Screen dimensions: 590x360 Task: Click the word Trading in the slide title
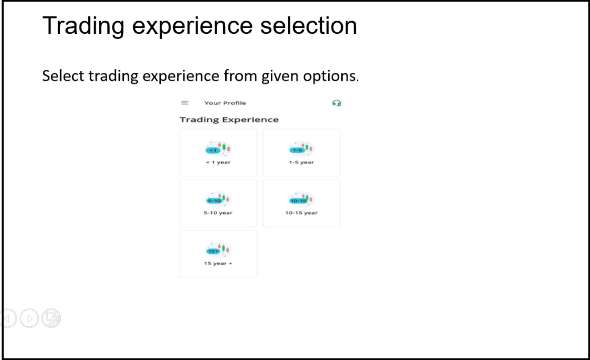point(83,26)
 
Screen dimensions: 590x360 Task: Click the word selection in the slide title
point(308,26)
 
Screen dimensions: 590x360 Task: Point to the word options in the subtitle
point(331,77)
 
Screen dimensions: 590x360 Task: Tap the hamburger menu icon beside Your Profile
point(185,103)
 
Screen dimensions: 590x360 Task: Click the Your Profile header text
point(225,103)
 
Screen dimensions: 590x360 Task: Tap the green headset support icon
point(337,103)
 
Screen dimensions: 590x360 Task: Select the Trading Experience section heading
point(229,120)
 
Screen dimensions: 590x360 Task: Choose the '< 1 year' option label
point(218,162)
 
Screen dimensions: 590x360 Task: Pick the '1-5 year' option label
point(302,162)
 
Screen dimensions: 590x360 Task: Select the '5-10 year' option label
point(218,213)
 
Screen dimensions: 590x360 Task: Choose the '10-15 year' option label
point(302,213)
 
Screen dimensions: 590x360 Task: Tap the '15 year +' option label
point(218,263)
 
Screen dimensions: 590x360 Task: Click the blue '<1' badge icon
point(213,150)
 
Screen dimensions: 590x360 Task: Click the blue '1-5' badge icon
point(297,150)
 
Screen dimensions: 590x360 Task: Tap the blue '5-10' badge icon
point(214,201)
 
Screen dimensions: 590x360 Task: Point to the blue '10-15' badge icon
point(298,201)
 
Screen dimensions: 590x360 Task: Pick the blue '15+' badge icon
point(213,251)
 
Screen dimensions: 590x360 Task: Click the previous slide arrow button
point(8,318)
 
